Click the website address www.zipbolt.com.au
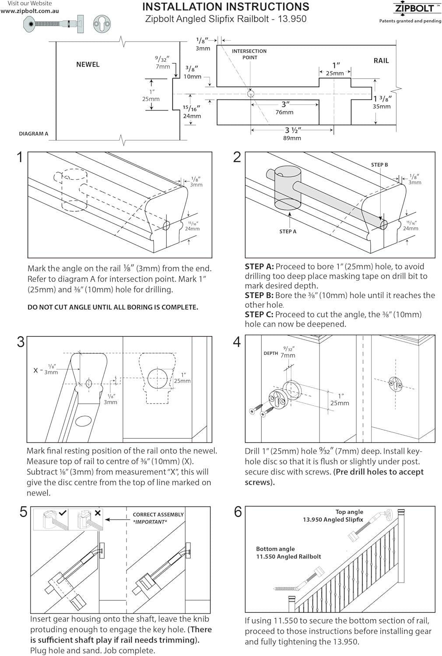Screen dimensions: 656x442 (x=30, y=11)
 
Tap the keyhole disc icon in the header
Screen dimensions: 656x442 (x=101, y=24)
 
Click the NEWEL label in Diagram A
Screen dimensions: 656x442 (x=88, y=64)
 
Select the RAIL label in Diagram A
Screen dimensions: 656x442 (x=381, y=61)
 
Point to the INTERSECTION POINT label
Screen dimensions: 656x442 (x=249, y=54)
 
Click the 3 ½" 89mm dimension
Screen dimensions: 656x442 (x=293, y=134)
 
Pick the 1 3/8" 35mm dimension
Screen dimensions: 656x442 (x=382, y=102)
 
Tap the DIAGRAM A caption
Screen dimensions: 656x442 (x=34, y=134)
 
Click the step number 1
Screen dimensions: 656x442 (x=19, y=157)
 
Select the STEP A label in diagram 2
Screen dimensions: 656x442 (x=288, y=231)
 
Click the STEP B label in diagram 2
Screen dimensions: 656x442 (x=379, y=165)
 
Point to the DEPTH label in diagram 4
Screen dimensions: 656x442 (x=270, y=353)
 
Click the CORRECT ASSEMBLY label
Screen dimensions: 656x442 (x=158, y=515)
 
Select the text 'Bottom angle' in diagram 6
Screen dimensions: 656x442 (x=275, y=549)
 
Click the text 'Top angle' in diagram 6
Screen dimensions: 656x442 (x=349, y=512)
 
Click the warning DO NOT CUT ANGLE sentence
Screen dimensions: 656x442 (x=113, y=307)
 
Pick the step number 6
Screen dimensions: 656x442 (x=238, y=512)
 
